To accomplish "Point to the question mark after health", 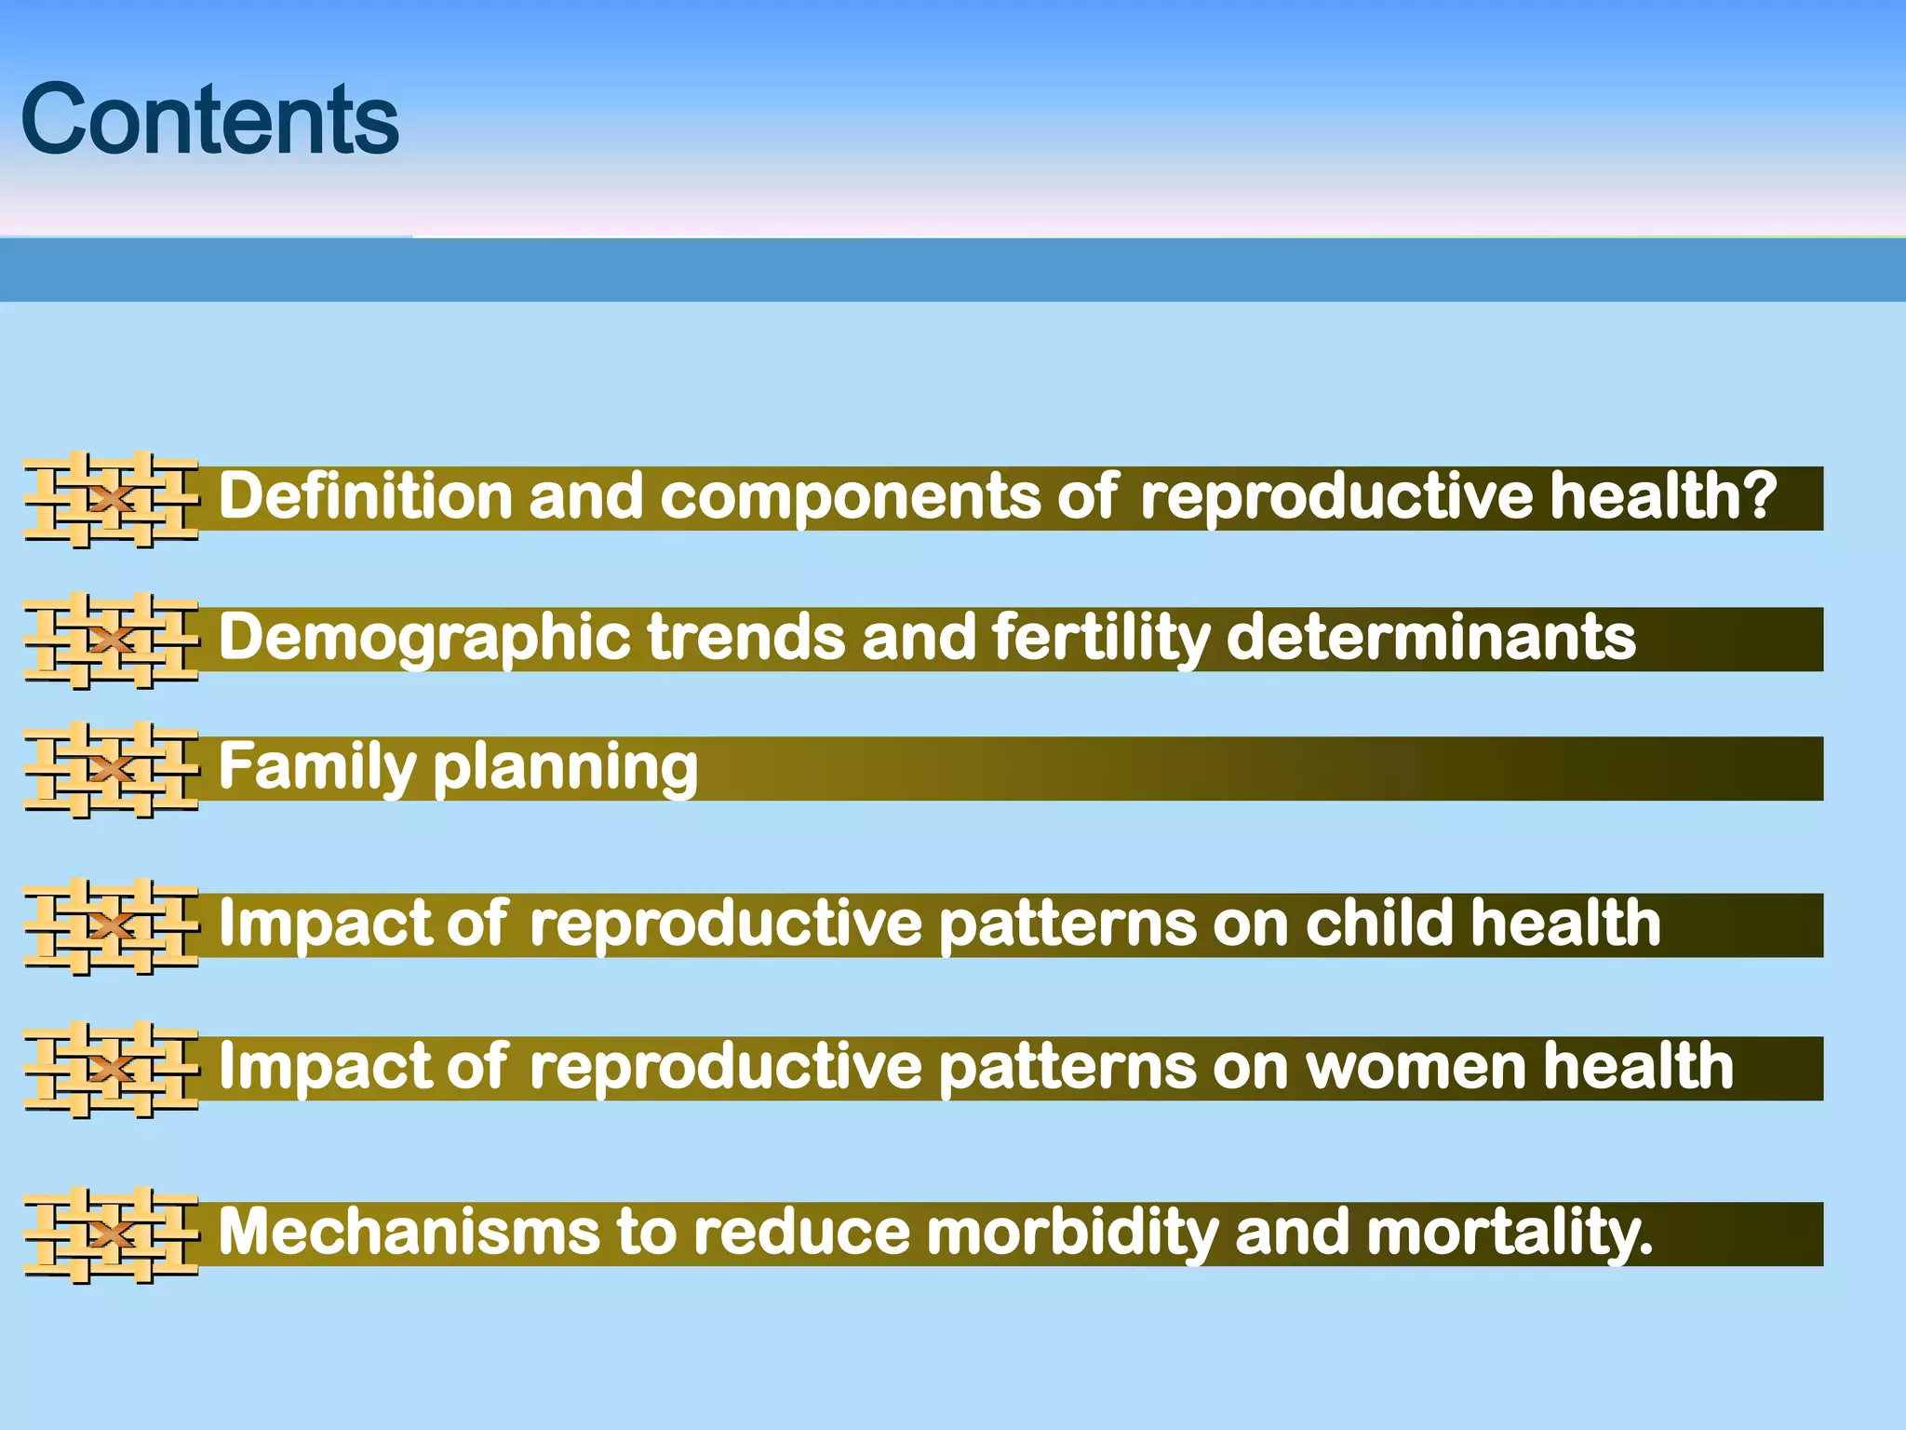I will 1759,495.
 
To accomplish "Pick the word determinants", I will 1430,637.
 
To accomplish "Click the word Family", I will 316,767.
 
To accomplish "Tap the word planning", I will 565,769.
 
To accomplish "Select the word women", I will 1415,1067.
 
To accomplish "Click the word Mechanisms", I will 409,1232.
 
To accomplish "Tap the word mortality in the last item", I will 1508,1233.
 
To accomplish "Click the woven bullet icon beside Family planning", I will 112,769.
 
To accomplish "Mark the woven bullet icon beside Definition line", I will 112,499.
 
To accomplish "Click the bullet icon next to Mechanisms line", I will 112,1234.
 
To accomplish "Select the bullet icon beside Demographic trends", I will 112,640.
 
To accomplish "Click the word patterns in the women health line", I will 1066,1067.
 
